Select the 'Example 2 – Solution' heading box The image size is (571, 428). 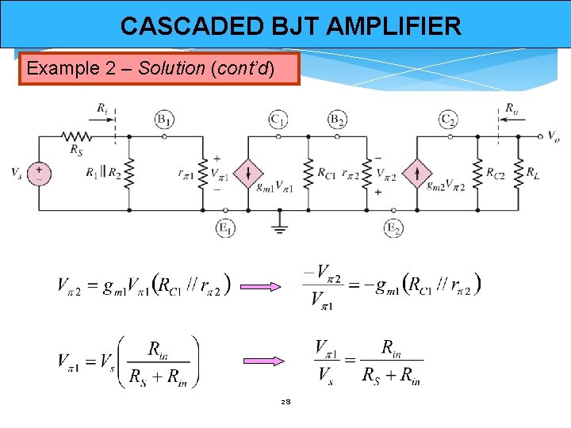(159, 68)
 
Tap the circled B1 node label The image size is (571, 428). (164, 120)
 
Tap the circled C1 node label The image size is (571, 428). (278, 120)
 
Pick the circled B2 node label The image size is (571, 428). (337, 120)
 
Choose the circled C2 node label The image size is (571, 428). (449, 120)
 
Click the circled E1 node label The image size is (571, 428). (225, 228)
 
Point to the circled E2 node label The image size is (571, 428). (394, 228)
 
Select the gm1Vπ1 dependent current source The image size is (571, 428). (249, 173)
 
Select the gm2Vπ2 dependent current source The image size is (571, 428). (418, 173)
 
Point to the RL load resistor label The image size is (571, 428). (538, 173)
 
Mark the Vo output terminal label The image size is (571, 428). (553, 136)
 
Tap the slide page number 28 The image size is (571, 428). (285, 403)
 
